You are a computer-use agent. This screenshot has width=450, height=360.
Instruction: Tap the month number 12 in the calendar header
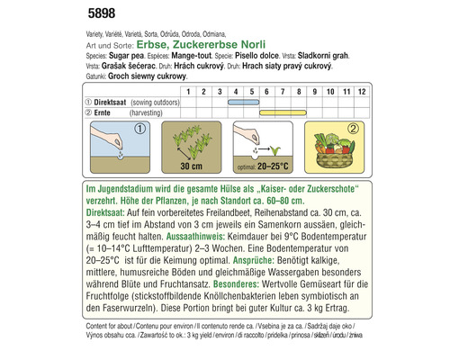tap(361, 92)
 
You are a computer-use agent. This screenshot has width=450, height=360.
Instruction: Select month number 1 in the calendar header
tap(188, 92)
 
